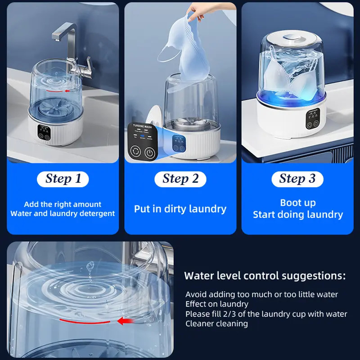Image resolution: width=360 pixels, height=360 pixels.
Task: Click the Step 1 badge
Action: click(63, 179)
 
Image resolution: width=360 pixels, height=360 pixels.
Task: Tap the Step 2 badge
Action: click(180, 179)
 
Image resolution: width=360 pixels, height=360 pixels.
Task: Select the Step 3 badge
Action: click(297, 179)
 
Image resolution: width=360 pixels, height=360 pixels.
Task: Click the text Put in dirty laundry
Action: click(180, 209)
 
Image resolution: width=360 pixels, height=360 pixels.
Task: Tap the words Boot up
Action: click(297, 202)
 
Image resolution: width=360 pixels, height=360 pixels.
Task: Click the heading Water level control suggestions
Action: click(265, 275)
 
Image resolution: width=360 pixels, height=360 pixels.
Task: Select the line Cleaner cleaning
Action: click(216, 324)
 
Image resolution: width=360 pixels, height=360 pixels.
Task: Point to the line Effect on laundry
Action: click(217, 304)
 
